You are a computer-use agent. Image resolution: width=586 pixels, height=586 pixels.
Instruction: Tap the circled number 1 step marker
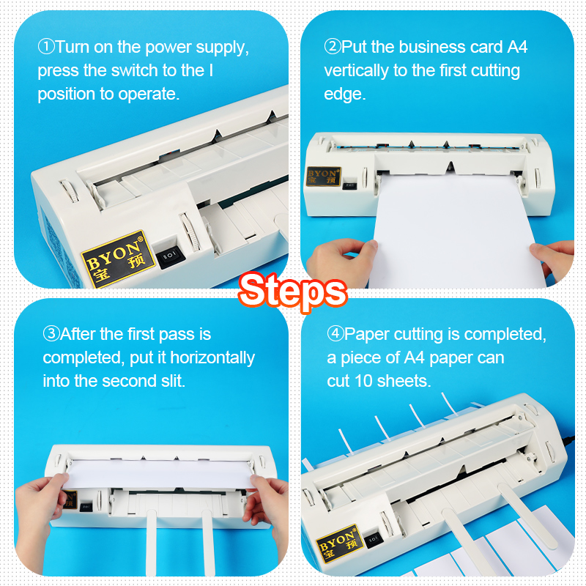tap(46, 47)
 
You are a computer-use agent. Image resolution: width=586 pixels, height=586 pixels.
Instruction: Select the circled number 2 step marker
tap(333, 47)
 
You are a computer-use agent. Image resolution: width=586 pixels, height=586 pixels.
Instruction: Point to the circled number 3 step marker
tap(51, 334)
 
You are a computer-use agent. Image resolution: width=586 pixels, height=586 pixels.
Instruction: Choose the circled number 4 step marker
tap(335, 333)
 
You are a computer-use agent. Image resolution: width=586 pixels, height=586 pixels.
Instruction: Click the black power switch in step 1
tap(170, 256)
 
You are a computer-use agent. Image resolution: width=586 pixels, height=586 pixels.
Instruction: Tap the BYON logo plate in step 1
tap(118, 259)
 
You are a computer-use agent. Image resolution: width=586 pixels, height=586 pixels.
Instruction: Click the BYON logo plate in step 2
tap(324, 177)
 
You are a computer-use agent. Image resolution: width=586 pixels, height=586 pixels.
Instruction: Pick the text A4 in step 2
tap(517, 47)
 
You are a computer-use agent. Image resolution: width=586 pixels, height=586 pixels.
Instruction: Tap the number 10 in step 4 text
tap(363, 381)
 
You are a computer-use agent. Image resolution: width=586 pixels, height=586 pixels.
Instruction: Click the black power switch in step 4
tap(374, 539)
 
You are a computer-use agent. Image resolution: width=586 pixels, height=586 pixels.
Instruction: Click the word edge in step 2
tap(344, 94)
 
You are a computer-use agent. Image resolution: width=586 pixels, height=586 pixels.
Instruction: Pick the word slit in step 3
tap(173, 381)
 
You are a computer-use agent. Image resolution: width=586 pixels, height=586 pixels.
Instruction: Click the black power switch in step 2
tap(349, 185)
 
